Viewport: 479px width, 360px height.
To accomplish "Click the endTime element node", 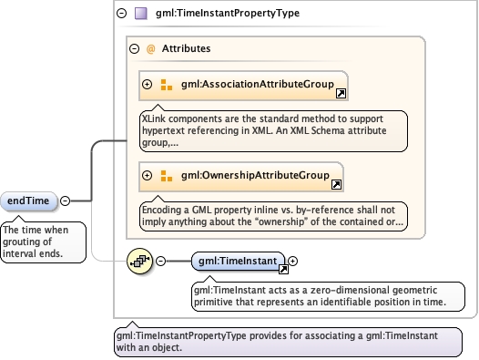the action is (29, 201).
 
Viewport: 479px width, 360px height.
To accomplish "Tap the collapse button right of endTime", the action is (65, 201).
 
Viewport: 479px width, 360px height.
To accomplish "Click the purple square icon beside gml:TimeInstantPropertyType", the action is (141, 14).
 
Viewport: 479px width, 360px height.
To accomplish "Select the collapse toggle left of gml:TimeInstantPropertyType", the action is (122, 13).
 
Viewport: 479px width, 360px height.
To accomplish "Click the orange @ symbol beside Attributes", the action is (150, 49).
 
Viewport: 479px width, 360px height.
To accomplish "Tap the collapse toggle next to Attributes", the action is (134, 48).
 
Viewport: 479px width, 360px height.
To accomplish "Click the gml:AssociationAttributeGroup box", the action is (243, 86).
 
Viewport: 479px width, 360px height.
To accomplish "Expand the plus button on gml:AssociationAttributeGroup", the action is (147, 84).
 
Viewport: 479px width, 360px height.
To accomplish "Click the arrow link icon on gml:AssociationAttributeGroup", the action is (341, 93).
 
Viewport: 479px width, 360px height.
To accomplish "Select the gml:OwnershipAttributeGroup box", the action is (241, 177).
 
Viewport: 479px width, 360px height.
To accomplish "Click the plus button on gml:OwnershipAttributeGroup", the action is (147, 175).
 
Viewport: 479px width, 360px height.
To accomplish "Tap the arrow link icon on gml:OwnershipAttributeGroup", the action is (336, 184).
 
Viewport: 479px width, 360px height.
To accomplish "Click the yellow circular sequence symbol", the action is (139, 261).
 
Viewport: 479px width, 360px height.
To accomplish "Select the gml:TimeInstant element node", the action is (239, 261).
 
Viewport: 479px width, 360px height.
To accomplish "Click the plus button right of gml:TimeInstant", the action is (292, 261).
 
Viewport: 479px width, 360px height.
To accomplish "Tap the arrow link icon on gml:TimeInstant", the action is (283, 269).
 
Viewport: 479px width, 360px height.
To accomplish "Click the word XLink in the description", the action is (154, 118).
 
